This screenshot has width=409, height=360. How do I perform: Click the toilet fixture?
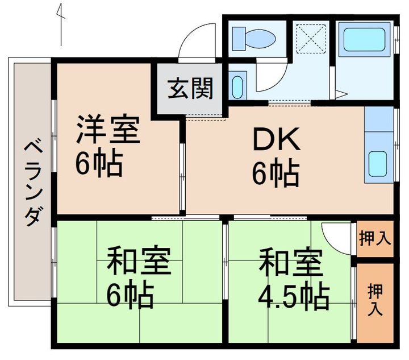click(x=254, y=39)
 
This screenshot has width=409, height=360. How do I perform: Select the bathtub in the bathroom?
click(x=364, y=39)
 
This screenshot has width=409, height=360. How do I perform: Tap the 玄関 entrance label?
click(x=190, y=89)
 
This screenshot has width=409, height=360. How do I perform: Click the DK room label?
click(x=277, y=138)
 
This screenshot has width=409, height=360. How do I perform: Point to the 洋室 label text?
click(x=108, y=129)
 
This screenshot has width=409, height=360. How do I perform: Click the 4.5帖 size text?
click(x=294, y=297)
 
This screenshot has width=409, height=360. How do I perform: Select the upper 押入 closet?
click(x=375, y=238)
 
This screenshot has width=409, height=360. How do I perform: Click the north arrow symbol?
click(x=61, y=24)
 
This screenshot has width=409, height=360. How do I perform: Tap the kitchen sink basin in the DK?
click(x=377, y=163)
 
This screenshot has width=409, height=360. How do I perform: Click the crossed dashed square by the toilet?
click(x=311, y=39)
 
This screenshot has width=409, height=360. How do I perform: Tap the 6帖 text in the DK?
click(x=276, y=173)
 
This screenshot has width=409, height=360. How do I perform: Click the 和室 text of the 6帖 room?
click(x=139, y=260)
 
